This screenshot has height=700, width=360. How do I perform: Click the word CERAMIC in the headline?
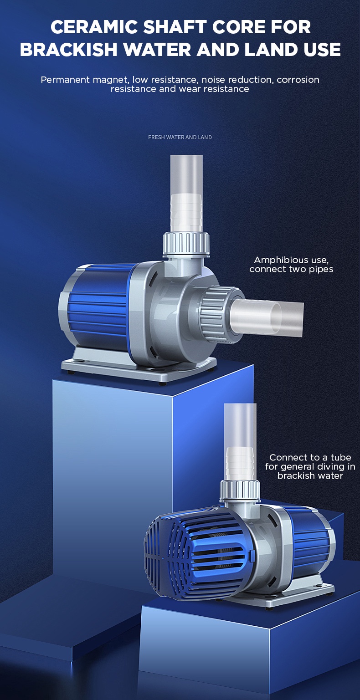point(94,27)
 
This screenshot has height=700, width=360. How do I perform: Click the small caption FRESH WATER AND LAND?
point(180,137)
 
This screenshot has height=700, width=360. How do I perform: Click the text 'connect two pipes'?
point(291,269)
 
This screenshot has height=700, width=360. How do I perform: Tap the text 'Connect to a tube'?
point(310,458)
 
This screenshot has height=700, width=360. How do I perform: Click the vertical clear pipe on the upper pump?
point(187,194)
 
